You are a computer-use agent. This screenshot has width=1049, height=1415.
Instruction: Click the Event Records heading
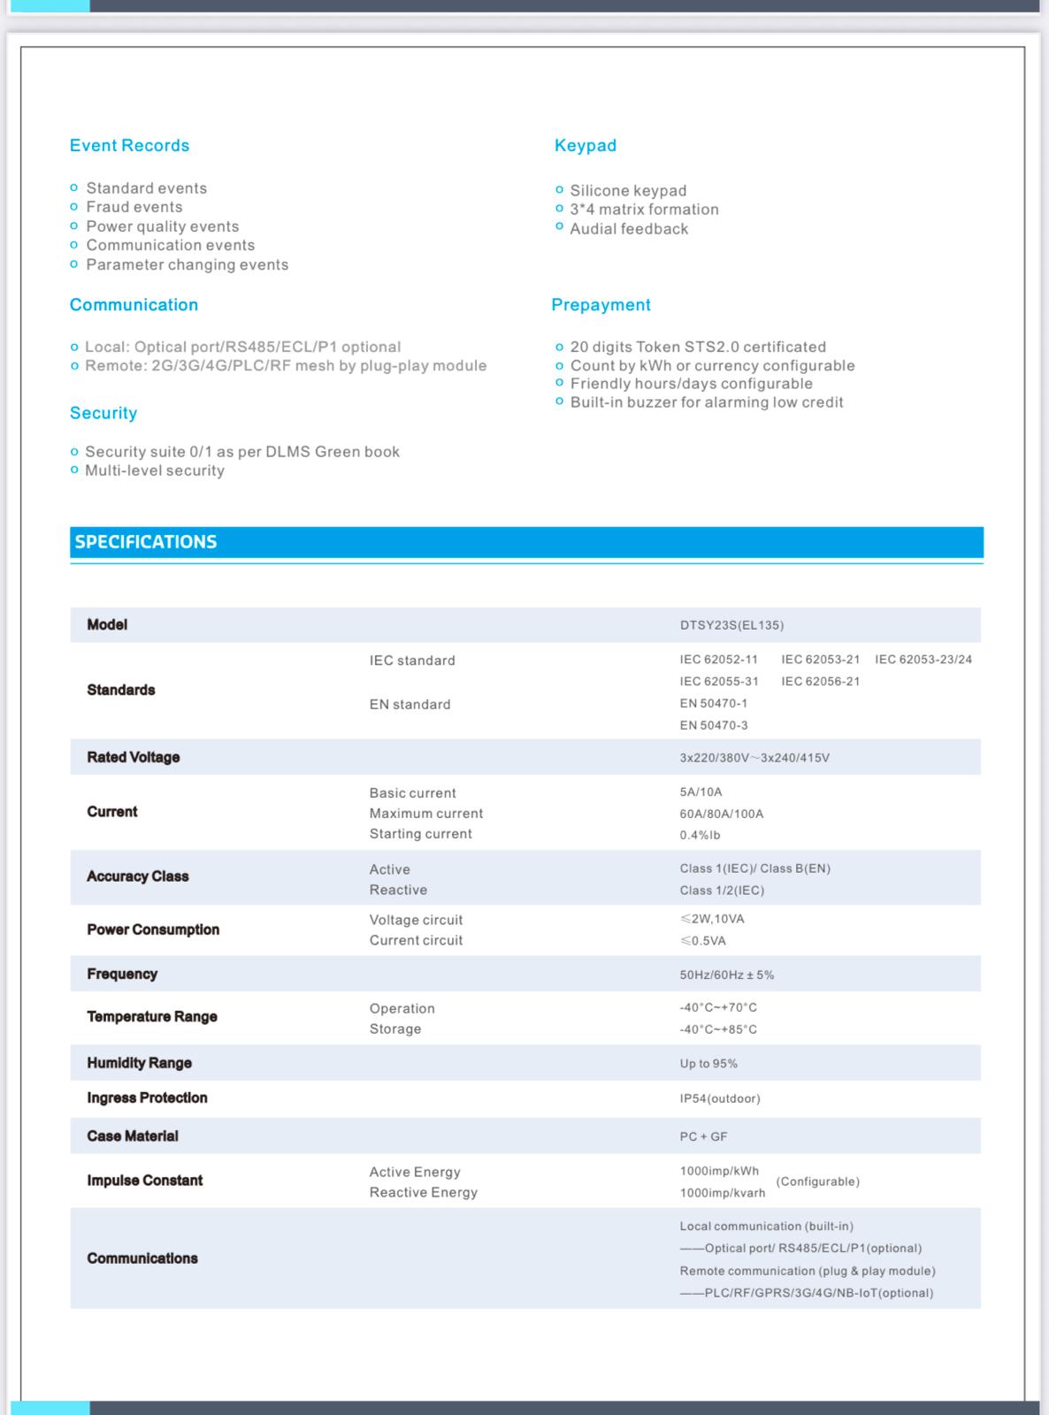129,146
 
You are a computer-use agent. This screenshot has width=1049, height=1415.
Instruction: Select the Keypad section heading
585,146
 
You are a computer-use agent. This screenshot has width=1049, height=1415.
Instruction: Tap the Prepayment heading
601,305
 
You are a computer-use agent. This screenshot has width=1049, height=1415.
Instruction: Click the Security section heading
103,413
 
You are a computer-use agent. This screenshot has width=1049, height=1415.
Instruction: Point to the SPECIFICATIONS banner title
146,542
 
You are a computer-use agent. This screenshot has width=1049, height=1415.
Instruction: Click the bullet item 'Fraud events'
134,207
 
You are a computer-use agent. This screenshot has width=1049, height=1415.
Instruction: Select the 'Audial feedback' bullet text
628,229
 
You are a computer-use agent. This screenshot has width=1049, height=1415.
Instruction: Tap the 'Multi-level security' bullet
154,470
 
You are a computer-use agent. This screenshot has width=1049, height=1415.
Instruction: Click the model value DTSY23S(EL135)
731,625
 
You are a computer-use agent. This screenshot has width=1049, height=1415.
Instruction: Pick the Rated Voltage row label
133,757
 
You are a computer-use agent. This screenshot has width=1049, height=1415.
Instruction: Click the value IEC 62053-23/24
923,660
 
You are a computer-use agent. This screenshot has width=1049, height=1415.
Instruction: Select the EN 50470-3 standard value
713,725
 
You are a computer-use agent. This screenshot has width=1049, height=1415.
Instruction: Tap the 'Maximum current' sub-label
425,814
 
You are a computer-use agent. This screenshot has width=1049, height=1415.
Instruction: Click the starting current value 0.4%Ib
700,835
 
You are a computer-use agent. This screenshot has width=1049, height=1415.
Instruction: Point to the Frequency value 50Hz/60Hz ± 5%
726,975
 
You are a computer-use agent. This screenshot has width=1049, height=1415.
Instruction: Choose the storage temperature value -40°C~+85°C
717,1029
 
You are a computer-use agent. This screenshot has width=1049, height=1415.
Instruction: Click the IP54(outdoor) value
719,1098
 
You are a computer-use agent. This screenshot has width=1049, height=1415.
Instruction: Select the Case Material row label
132,1136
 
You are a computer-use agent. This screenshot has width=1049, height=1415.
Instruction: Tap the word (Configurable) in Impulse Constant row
817,1182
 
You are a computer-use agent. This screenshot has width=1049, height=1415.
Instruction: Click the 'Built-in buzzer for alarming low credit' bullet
706,402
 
